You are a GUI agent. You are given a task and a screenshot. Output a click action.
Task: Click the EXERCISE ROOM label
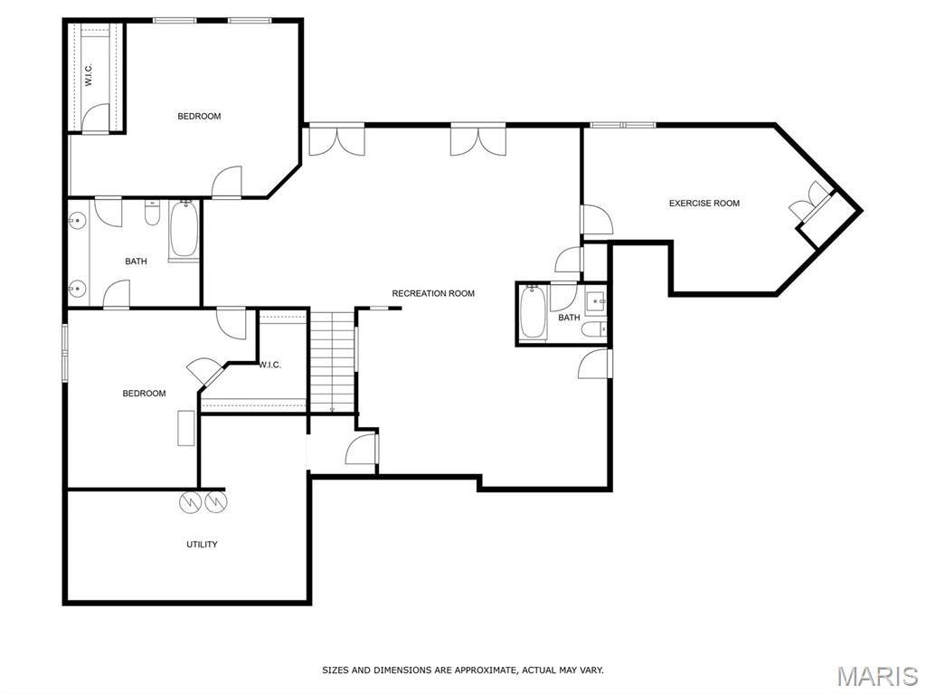[x=704, y=204]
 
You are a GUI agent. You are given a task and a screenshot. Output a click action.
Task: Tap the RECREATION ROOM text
[x=432, y=293]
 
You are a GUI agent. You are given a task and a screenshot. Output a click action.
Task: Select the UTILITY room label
[x=202, y=545]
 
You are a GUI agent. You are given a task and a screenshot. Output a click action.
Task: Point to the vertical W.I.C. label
[x=90, y=74]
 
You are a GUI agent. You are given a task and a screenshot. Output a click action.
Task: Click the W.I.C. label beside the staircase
[x=269, y=366]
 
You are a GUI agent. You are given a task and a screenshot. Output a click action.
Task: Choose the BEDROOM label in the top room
[x=199, y=117]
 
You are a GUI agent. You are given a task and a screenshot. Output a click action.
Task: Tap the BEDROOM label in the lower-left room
[x=145, y=394]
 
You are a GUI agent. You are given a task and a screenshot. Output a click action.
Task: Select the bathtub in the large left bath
[x=184, y=230]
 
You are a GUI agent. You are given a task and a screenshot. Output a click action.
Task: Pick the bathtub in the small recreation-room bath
[x=533, y=313]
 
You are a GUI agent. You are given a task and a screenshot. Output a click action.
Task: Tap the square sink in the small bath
[x=595, y=300]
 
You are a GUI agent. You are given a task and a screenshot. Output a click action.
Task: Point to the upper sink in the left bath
[x=78, y=219]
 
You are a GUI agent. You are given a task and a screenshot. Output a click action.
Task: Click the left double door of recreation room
[x=336, y=140]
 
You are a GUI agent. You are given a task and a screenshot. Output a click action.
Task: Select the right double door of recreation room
[x=478, y=140]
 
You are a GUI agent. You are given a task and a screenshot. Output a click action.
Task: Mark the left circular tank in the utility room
[x=192, y=502]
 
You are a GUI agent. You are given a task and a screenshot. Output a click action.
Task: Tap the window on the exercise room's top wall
[x=623, y=124]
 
